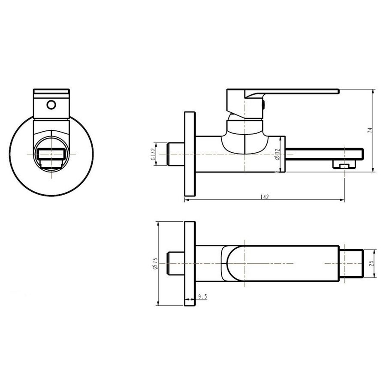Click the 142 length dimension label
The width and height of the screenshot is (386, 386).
[x=265, y=197]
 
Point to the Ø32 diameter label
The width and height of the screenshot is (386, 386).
[x=278, y=154]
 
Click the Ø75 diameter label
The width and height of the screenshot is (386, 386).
[x=155, y=263]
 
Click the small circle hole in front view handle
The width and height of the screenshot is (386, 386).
[x=51, y=104]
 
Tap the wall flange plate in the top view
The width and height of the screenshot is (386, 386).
[x=190, y=263]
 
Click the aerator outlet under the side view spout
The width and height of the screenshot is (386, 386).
[x=344, y=165]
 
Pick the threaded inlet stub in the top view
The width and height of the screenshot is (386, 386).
[x=176, y=263]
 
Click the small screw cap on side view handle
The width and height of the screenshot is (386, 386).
[x=263, y=104]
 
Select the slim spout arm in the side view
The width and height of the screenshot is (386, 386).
[x=322, y=153]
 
